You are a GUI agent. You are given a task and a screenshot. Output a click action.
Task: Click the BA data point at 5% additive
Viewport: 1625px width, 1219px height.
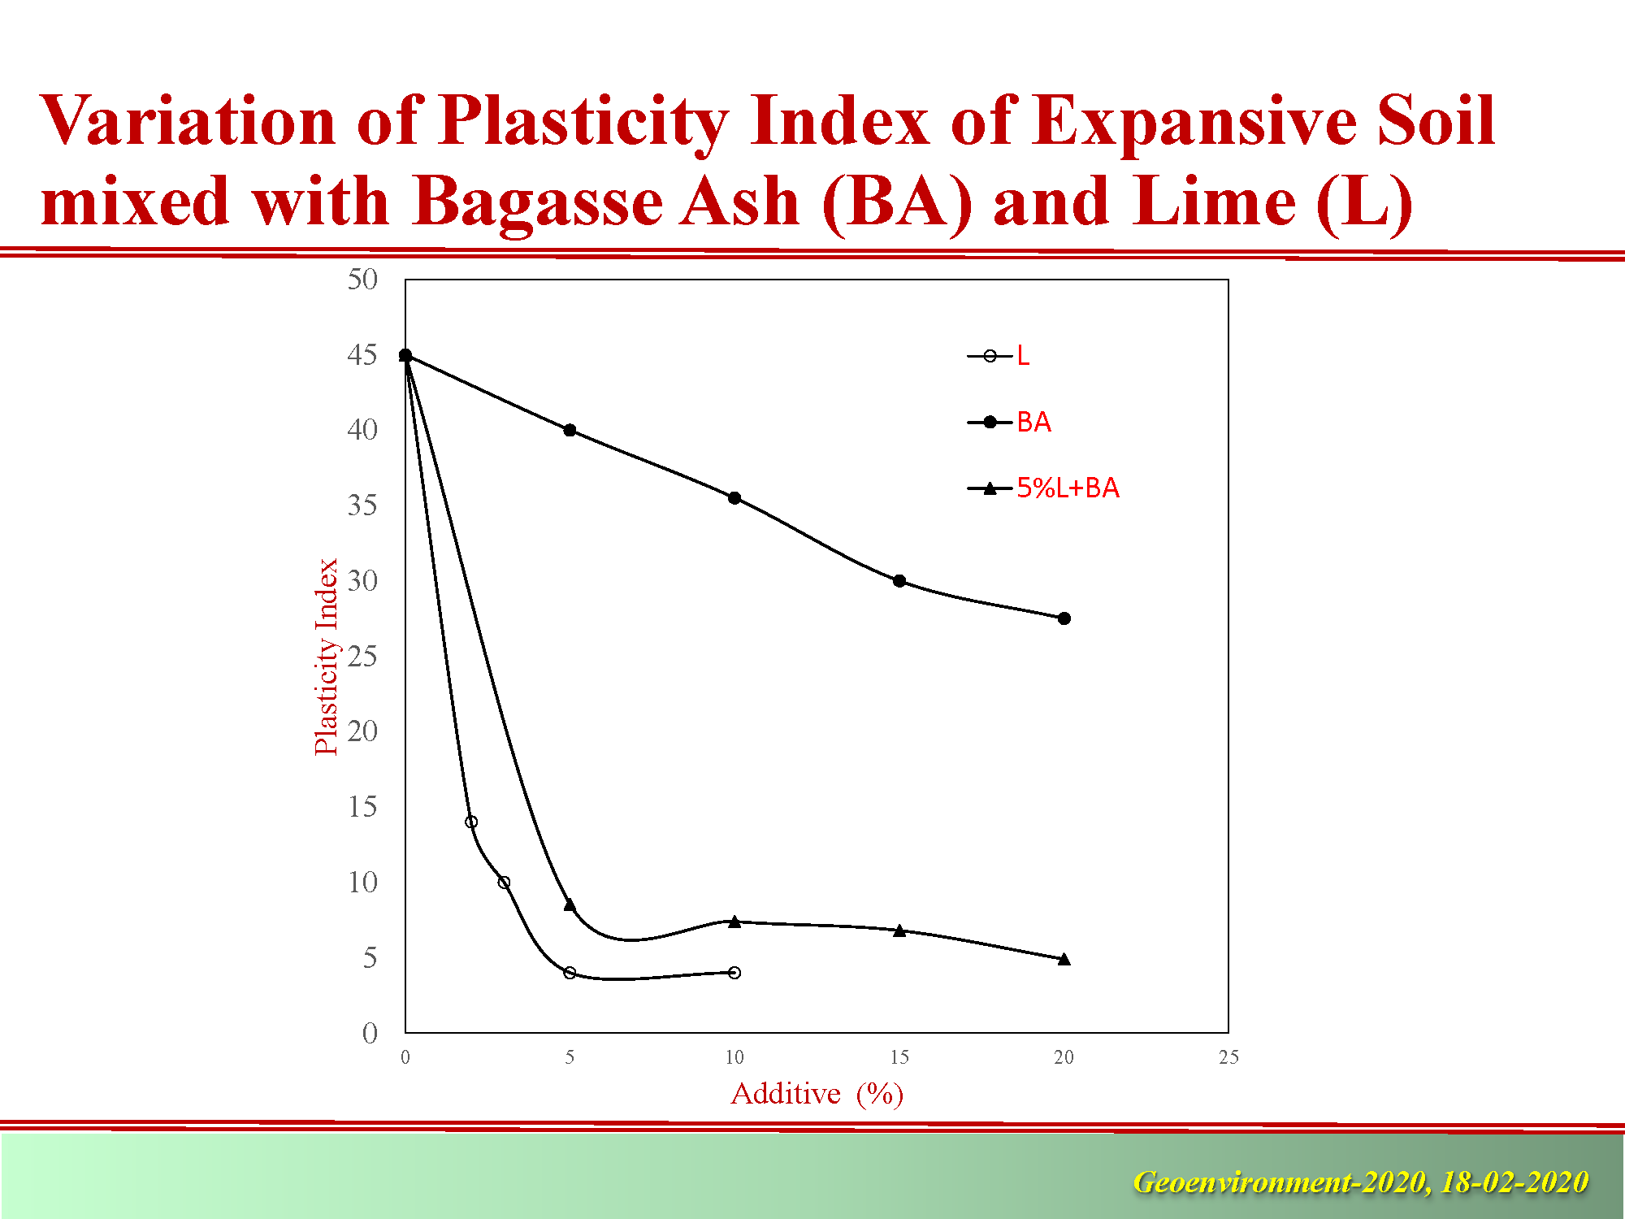pos(570,430)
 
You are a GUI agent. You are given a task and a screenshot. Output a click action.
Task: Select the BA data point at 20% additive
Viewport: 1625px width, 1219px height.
pos(1064,618)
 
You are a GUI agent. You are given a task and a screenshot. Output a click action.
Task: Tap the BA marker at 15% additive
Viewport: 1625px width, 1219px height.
pos(899,581)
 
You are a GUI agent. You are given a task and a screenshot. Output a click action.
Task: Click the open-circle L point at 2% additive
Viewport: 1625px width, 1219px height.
pos(471,822)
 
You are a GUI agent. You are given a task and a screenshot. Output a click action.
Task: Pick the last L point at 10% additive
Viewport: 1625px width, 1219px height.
pos(734,973)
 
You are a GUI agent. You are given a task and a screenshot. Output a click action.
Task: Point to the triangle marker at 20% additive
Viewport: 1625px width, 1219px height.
pos(1064,959)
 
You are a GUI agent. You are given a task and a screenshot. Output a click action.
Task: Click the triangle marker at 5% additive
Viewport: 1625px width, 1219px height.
pos(570,904)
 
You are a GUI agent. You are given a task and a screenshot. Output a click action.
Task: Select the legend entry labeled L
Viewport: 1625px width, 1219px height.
pos(999,356)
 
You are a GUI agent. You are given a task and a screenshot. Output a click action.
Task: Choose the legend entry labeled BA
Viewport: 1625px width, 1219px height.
pos(1009,423)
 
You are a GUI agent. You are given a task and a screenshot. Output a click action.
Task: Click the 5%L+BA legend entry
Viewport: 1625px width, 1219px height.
pos(1043,488)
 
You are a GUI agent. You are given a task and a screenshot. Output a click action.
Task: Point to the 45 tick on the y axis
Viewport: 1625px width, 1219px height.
pos(362,355)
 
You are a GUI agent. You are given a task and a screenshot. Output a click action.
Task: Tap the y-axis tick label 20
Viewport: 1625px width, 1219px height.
pos(362,731)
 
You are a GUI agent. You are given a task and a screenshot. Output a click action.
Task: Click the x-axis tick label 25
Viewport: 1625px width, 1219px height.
pos(1228,1057)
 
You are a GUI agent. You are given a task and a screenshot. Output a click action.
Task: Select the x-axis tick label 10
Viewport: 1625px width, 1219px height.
pos(734,1057)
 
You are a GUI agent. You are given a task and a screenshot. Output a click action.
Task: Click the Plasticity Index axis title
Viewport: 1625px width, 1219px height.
pos(327,657)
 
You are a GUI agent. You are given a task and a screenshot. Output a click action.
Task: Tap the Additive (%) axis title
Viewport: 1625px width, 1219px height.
pos(817,1094)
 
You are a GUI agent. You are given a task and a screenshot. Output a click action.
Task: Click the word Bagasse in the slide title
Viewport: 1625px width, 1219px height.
pos(536,203)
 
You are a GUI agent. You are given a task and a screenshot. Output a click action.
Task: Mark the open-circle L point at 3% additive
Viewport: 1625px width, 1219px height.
pos(504,883)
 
